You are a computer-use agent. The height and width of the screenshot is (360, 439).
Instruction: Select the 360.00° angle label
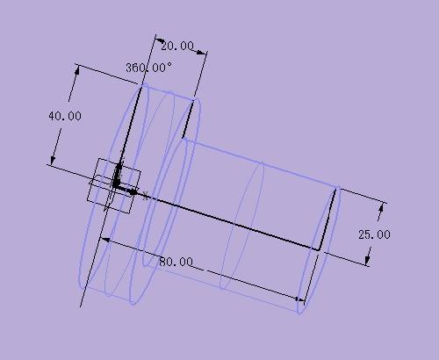point(148,67)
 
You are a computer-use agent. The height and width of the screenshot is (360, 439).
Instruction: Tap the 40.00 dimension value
point(64,115)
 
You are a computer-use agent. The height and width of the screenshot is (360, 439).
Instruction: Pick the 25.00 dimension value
point(374,234)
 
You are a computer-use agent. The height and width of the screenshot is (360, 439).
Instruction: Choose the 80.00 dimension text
point(176,262)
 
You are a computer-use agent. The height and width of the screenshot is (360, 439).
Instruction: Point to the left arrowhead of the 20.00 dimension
point(158,40)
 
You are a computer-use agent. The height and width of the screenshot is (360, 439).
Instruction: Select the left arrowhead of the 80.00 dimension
point(104,239)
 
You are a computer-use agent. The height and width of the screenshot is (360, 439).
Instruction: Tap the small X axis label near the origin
point(145,197)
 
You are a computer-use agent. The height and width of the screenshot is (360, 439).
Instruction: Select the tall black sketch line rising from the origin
point(130,132)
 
